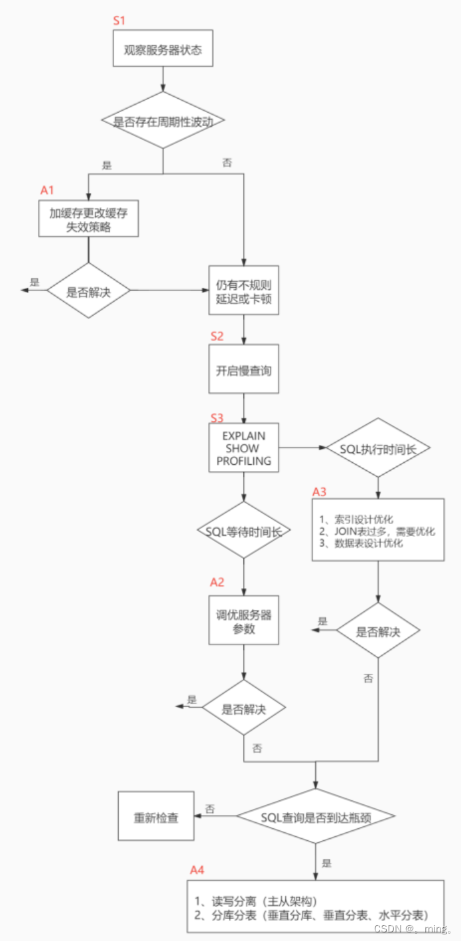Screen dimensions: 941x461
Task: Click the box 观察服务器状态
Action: [x=163, y=49]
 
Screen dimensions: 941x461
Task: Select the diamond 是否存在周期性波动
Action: [x=163, y=121]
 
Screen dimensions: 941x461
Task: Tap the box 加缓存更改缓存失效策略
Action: [x=88, y=219]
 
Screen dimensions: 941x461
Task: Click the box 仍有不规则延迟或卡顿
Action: [x=244, y=290]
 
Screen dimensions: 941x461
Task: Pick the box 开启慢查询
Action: [x=244, y=370]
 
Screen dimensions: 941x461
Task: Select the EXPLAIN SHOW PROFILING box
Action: [x=244, y=448]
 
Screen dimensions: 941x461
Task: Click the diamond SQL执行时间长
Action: [x=377, y=448]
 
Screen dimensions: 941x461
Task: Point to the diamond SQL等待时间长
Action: [x=244, y=531]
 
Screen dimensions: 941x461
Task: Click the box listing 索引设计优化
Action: [x=377, y=530]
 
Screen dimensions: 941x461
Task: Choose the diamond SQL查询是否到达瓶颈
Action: [x=316, y=816]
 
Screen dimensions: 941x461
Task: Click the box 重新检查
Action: [x=156, y=816]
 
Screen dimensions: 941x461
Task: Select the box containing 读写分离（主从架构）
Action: [x=315, y=907]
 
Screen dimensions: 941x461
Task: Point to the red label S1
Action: [x=119, y=20]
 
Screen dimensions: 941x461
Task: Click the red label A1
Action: [x=46, y=190]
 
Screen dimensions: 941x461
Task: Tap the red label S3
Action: [x=217, y=418]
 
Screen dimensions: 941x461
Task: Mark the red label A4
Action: [x=197, y=869]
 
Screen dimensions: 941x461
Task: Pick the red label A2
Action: [x=217, y=582]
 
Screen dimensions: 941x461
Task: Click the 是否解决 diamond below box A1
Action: [x=88, y=290]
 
